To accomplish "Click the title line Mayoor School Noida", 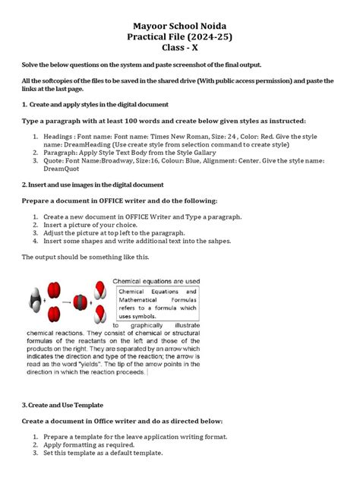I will tap(179, 11).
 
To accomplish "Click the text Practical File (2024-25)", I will tap(179, 24).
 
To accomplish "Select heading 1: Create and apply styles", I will tap(95, 103).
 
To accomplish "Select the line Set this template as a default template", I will tap(103, 453).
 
